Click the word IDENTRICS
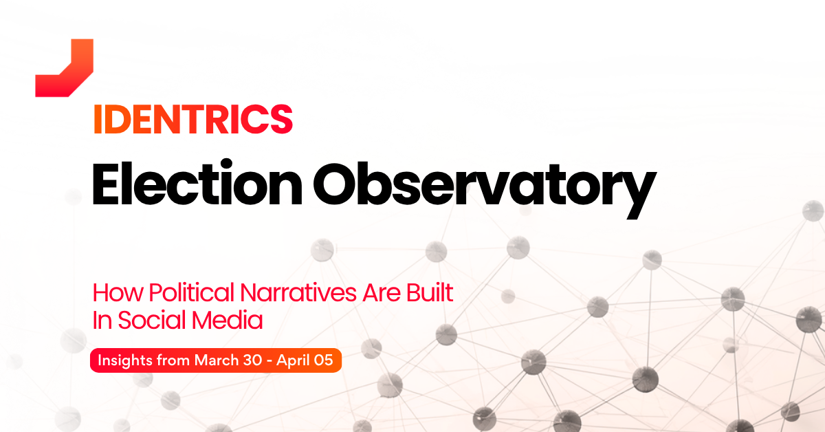point(193,120)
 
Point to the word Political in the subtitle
point(192,292)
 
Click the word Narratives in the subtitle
point(298,292)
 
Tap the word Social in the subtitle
point(152,320)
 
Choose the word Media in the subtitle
point(228,320)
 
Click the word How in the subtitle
point(118,292)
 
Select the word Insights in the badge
point(125,360)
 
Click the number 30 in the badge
point(253,360)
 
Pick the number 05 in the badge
point(324,360)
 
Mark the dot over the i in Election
point(228,164)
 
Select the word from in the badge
point(173,360)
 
